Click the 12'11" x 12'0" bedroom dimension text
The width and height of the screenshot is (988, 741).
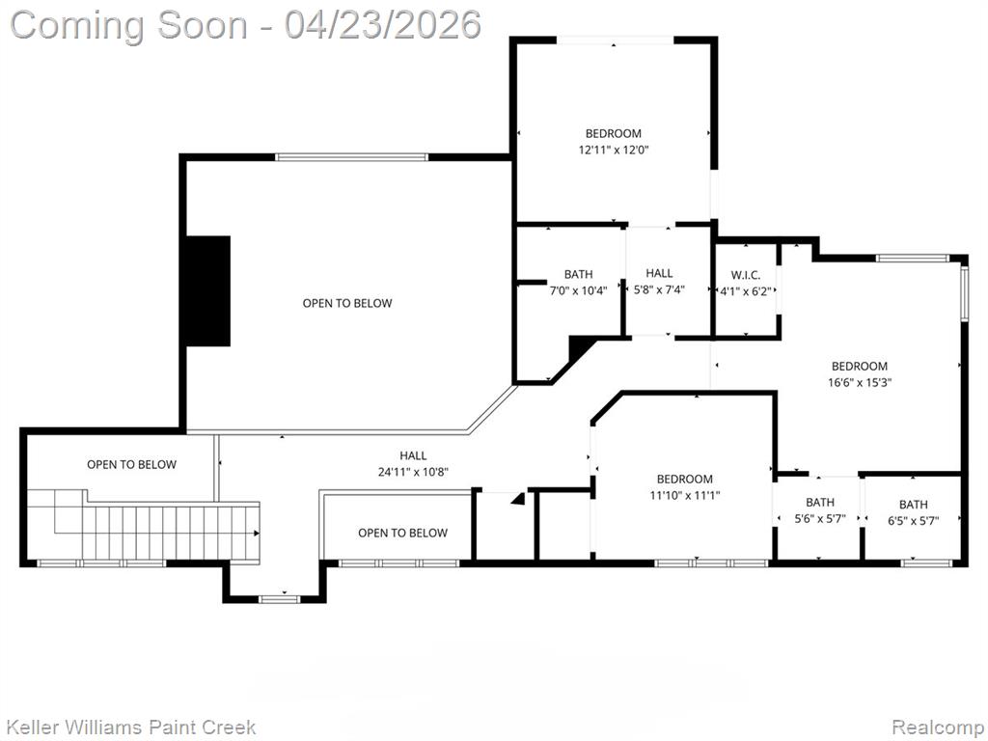[x=614, y=150]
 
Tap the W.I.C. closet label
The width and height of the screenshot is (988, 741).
[x=746, y=275]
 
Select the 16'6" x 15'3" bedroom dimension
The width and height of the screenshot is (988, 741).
[x=860, y=382]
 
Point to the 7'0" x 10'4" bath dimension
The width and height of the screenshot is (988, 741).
[x=579, y=290]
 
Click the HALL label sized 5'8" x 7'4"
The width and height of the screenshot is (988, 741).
[x=659, y=273]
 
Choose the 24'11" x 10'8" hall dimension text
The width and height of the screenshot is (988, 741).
[x=413, y=471]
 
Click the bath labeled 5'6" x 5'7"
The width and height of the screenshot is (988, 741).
[x=820, y=502]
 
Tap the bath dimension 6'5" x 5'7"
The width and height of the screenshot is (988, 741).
[x=914, y=520]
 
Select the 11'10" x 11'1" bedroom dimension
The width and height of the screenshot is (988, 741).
[x=685, y=495]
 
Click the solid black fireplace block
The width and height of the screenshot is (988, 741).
[x=208, y=291]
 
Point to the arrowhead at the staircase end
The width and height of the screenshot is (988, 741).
[x=257, y=533]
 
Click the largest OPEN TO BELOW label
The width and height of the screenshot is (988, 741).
[x=347, y=303]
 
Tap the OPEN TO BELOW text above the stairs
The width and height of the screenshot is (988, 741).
[x=131, y=464]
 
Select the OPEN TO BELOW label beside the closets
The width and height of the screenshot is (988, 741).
[x=402, y=533]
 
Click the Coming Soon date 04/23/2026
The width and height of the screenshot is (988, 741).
[x=382, y=25]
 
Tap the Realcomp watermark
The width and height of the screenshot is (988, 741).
[x=939, y=727]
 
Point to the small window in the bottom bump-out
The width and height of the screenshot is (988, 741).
[x=281, y=598]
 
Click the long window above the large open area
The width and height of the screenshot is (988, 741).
[x=351, y=157]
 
